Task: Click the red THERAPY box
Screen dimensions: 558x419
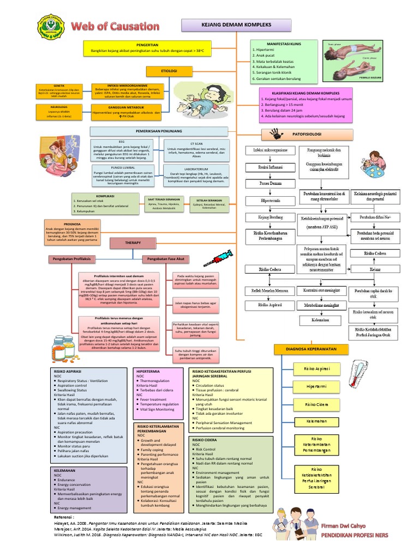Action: pyautogui.click(x=133, y=242)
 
